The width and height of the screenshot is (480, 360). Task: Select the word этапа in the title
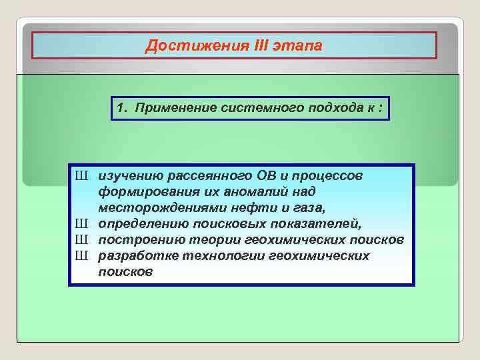pyautogui.click(x=300, y=46)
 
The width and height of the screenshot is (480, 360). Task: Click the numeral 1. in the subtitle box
pyautogui.click(x=122, y=108)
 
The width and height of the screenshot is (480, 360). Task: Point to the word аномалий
pyautogui.click(x=251, y=192)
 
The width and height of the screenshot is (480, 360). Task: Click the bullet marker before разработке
pyautogui.click(x=81, y=256)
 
